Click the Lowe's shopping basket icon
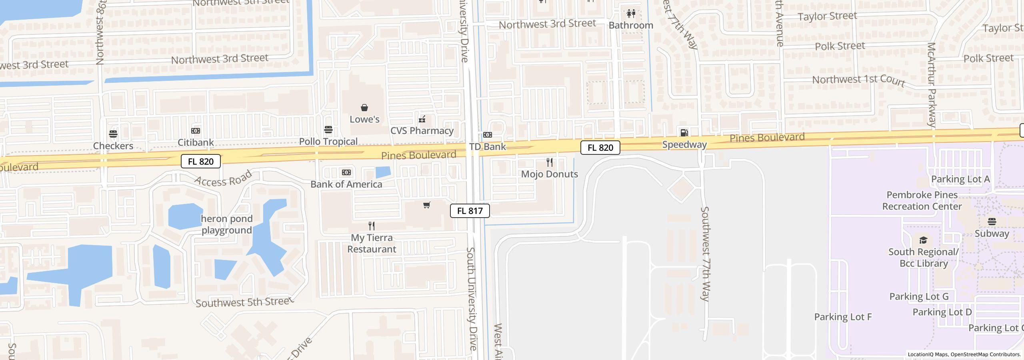(364, 108)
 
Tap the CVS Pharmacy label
(422, 131)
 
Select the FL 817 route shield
(470, 211)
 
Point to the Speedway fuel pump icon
(684, 133)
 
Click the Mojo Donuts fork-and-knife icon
(550, 162)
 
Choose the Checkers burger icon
(113, 134)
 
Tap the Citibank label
(196, 142)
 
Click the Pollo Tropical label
(328, 142)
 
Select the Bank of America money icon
(346, 172)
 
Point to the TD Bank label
(488, 147)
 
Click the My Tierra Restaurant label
(372, 243)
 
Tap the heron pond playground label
(227, 224)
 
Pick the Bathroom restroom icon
(631, 14)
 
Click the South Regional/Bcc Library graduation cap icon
(923, 240)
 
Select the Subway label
(992, 234)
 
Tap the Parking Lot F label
(843, 317)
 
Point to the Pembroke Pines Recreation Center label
(922, 201)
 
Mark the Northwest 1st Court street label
(858, 80)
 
